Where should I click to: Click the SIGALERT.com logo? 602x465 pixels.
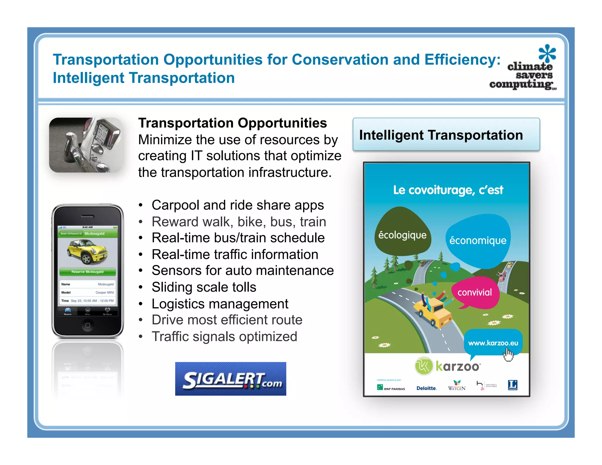[230, 379]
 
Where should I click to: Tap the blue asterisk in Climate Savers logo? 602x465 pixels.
[547, 53]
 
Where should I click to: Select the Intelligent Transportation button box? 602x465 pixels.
[446, 135]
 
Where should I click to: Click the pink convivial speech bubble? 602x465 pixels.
[474, 292]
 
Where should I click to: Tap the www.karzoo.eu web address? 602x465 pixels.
[493, 343]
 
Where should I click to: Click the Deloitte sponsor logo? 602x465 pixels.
[427, 388]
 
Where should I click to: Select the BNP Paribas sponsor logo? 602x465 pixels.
[391, 388]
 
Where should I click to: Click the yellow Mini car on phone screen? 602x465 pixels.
[87, 251]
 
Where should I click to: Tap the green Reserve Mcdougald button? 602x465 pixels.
[88, 272]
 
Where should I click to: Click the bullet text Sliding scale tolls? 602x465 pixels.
[204, 287]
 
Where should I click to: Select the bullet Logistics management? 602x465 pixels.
[220, 304]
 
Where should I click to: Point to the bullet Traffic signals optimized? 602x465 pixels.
[224, 336]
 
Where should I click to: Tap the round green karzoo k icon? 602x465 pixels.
[424, 366]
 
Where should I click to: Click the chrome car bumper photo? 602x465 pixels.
[86, 145]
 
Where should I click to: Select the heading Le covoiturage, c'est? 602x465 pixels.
[448, 190]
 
